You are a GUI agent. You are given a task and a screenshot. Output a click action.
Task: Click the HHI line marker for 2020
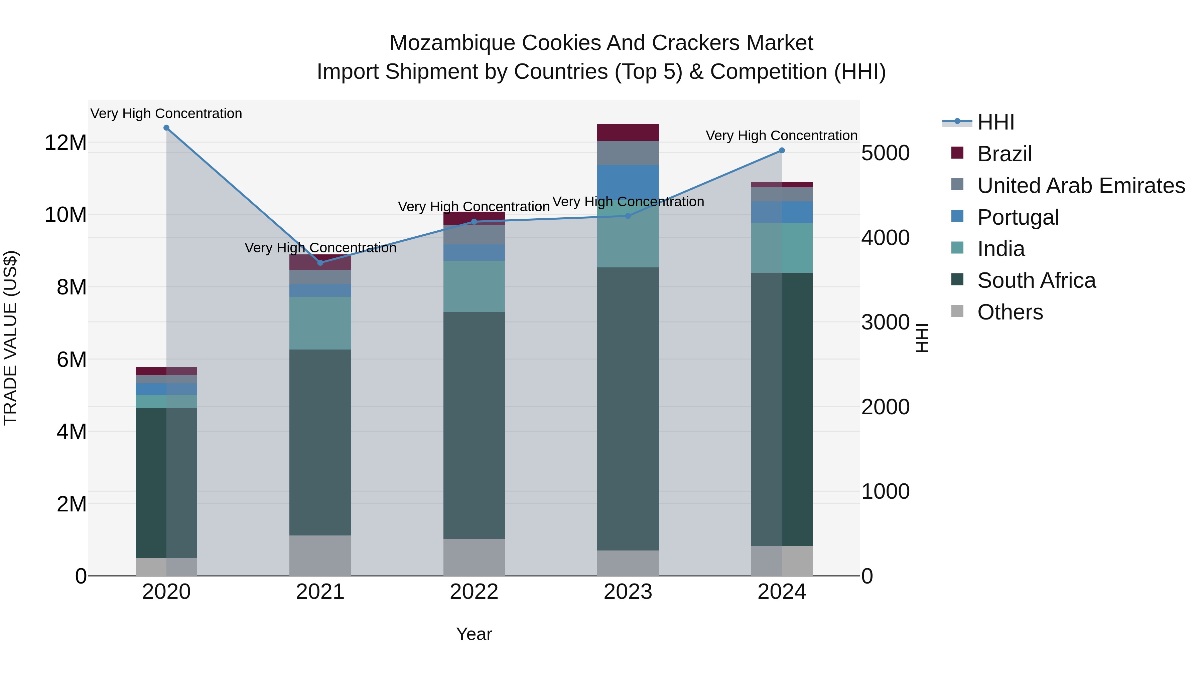[x=166, y=128]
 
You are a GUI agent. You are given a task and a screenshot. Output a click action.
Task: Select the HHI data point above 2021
[x=320, y=263]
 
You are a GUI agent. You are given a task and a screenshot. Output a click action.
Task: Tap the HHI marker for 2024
[x=782, y=150]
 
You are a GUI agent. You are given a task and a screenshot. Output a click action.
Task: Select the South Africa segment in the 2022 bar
[x=474, y=425]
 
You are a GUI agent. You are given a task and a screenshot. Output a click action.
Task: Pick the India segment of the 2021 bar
[x=320, y=323]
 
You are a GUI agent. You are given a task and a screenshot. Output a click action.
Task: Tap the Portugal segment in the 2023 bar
[x=628, y=182]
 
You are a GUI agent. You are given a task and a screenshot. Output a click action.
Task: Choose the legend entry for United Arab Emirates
[x=1081, y=185]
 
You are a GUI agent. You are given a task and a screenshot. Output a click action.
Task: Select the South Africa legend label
[x=1036, y=280]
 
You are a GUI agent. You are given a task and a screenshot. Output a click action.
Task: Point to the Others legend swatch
[x=957, y=311]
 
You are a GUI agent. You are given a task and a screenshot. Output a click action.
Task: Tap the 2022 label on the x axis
[x=474, y=592]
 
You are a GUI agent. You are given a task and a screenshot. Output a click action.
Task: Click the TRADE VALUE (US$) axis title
[x=10, y=338]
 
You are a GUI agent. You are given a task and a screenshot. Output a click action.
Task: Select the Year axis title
[x=474, y=634]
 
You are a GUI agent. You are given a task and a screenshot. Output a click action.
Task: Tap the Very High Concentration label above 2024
[x=781, y=136]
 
